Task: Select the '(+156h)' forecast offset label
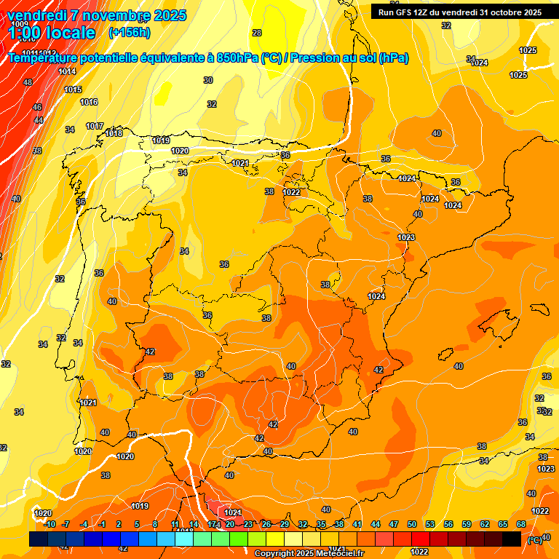point(130,32)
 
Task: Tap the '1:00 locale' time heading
point(52,33)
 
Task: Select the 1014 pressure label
point(67,71)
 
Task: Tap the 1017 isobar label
point(95,126)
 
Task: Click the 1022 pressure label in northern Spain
point(292,192)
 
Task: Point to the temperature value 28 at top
point(257,33)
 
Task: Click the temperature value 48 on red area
point(28,82)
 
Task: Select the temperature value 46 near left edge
point(37,107)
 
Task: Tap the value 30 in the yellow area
point(208,80)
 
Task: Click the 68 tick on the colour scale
point(521,524)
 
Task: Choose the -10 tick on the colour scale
point(49,524)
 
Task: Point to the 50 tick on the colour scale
point(412,524)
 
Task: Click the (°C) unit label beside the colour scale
point(534,539)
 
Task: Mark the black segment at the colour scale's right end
point(512,539)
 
